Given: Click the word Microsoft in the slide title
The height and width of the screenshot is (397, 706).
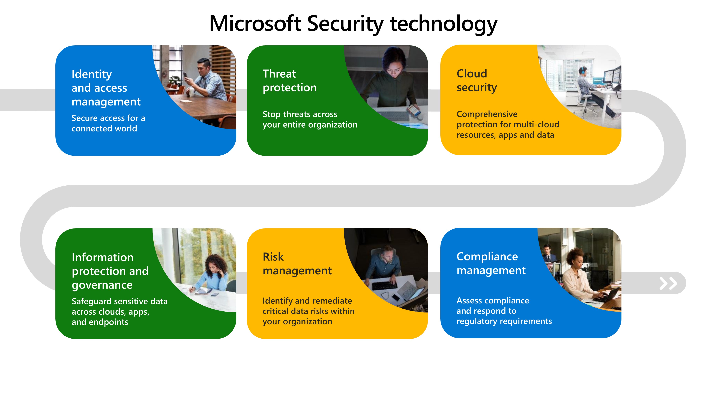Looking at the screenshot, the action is [x=255, y=24].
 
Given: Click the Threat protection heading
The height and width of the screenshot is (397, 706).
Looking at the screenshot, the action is [x=289, y=81].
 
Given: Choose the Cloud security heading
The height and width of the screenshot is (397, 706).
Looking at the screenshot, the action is [x=477, y=81].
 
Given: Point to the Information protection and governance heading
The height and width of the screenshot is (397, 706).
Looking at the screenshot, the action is [x=110, y=271].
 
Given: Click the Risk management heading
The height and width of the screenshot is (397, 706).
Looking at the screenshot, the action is [x=297, y=264].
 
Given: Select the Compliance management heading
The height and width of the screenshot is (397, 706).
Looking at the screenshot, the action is [x=491, y=263].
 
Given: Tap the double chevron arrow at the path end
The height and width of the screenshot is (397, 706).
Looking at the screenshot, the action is [x=668, y=283].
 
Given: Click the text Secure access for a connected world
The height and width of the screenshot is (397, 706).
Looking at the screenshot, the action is [x=108, y=123].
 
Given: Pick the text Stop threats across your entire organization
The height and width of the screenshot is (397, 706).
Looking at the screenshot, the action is [x=310, y=119].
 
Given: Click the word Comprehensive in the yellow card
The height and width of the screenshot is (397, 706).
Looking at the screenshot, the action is [x=487, y=114].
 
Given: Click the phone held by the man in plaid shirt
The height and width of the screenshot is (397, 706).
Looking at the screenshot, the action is [x=185, y=75].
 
